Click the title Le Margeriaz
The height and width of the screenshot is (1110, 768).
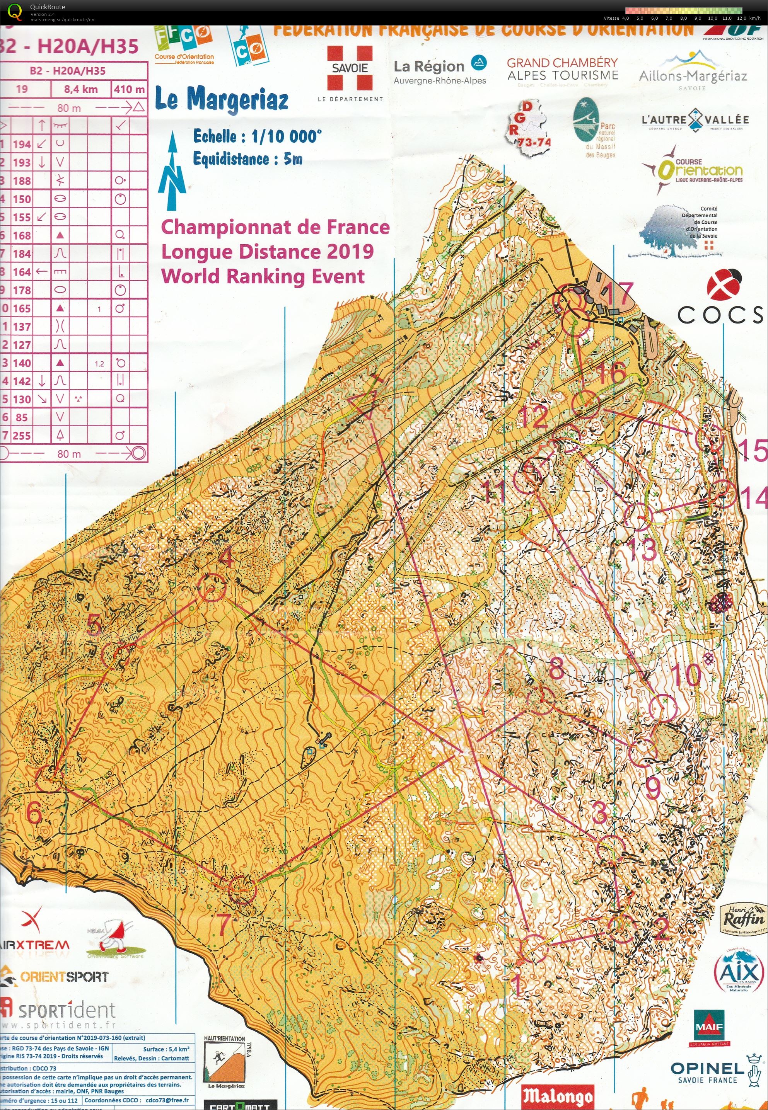point(222,100)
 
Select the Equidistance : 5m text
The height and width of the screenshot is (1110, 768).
point(247,159)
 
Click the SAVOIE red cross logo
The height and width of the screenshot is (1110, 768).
point(350,68)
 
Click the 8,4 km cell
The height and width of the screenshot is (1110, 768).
point(80,89)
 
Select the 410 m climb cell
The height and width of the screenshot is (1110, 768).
point(129,89)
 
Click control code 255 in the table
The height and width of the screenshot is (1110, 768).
point(22,436)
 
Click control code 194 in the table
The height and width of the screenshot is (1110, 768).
point(22,144)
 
